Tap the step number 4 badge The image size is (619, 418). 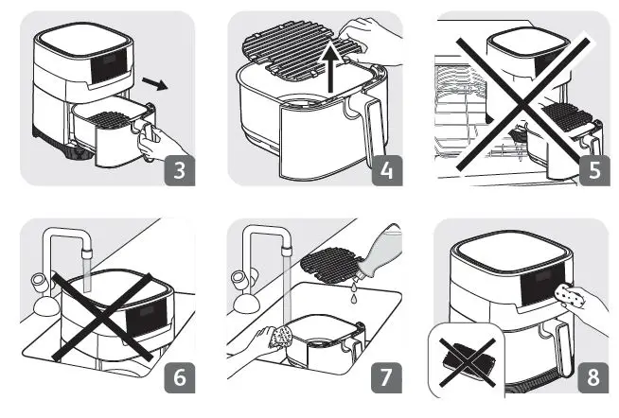click(387, 171)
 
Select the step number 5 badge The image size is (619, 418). click(592, 171)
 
